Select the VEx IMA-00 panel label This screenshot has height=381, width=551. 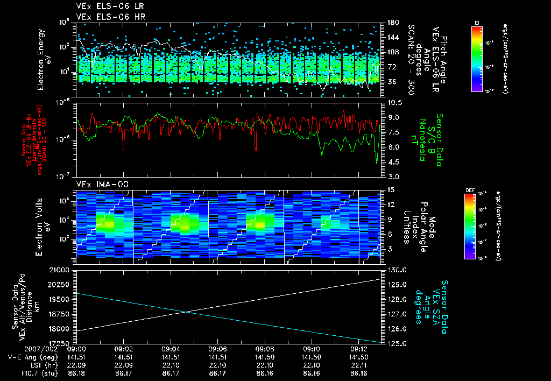97,184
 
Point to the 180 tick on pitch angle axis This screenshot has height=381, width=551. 392,23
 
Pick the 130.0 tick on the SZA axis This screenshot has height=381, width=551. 394,269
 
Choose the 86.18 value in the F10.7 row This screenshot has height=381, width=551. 78,372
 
